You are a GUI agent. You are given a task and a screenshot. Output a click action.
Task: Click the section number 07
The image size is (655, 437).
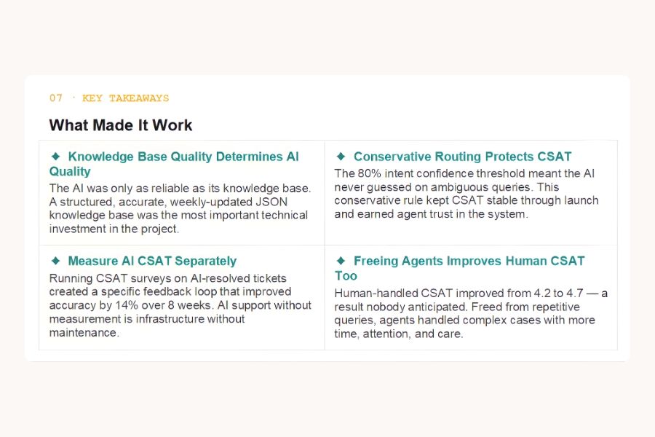point(55,98)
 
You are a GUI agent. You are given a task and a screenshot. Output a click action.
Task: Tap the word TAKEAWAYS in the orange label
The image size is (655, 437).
point(139,98)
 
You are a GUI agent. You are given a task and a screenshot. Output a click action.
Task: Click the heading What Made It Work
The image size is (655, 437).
point(121,125)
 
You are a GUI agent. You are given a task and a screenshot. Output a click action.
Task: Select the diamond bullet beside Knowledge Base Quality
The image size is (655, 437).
point(55,157)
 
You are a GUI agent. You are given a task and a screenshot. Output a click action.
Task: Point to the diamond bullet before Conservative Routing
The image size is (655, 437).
point(341,157)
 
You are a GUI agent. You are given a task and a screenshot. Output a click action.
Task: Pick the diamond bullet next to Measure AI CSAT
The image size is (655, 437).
point(55,261)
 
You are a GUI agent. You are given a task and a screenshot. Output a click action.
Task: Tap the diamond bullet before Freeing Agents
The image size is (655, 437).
point(341,261)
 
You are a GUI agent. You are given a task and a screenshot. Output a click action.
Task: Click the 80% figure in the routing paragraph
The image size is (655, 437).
point(369,173)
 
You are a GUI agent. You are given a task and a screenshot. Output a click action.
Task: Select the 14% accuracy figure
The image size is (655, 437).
point(127,305)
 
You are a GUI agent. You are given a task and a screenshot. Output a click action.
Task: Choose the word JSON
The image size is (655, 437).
point(271,202)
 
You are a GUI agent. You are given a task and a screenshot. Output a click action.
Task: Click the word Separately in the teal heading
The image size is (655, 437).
point(205,261)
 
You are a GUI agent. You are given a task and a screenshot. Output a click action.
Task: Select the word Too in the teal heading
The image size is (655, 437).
point(346,276)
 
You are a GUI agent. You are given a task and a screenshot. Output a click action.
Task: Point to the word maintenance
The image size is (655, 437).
point(83,333)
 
